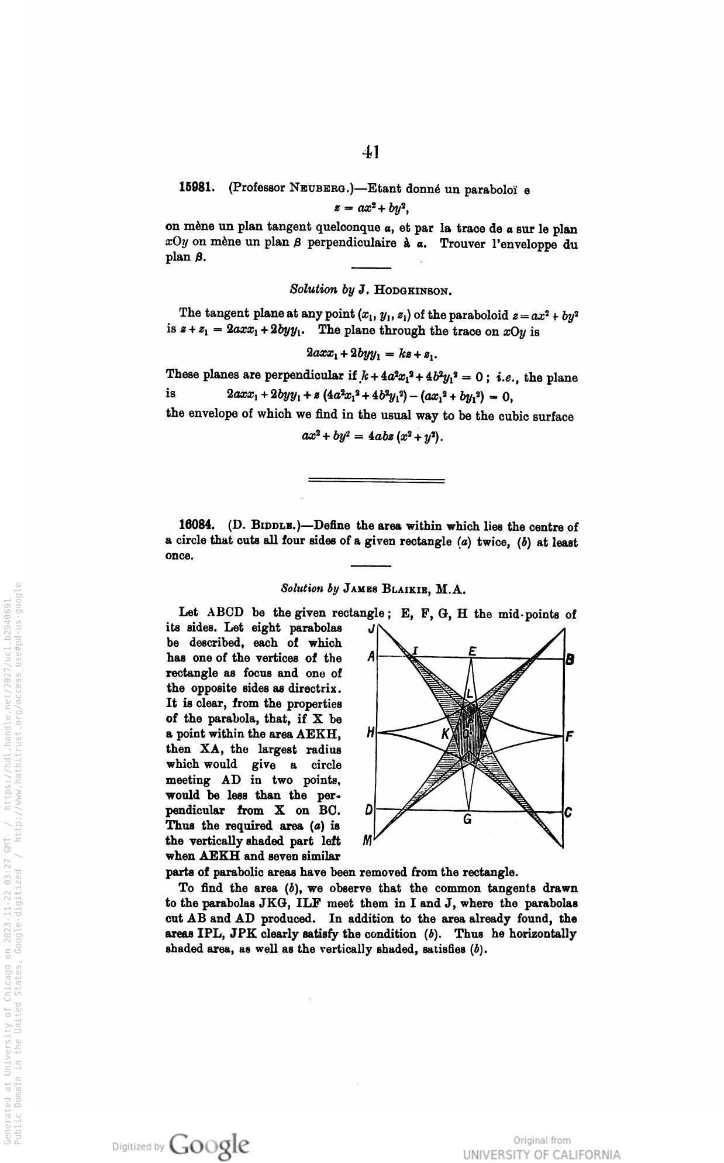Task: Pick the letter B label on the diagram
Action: tap(570, 659)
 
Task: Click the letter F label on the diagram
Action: tap(569, 737)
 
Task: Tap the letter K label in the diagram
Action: tap(446, 733)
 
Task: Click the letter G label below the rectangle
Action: tap(467, 819)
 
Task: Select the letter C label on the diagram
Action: tap(568, 812)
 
